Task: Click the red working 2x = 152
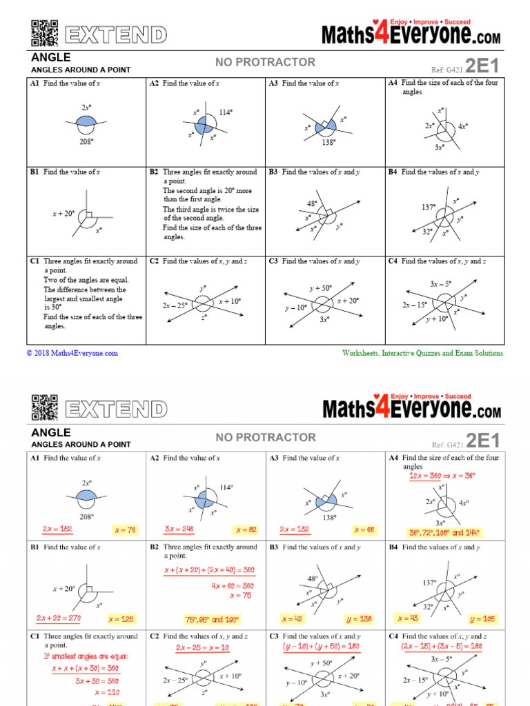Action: click(57, 529)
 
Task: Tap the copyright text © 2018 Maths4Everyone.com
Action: click(72, 353)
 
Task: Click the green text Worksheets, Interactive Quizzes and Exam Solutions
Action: click(422, 353)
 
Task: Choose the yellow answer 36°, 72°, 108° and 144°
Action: click(444, 533)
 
